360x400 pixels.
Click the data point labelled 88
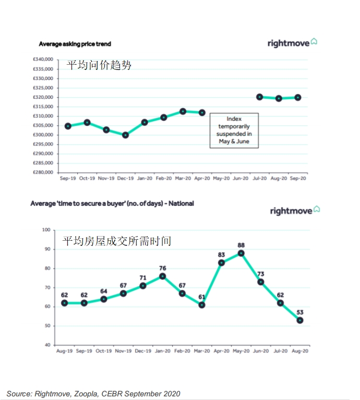point(241,253)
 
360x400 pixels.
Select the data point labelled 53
point(300,320)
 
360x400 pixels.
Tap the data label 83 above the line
point(221,255)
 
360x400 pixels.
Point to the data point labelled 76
point(163,276)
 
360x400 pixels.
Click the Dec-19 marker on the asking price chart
point(125,135)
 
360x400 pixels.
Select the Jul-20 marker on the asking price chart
point(259,97)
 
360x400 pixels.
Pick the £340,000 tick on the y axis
point(43,60)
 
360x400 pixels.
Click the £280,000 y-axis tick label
point(43,172)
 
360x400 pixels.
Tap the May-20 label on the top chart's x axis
point(221,179)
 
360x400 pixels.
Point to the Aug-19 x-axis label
point(64,351)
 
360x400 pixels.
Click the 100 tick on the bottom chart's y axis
point(46,230)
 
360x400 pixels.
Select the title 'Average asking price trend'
point(75,44)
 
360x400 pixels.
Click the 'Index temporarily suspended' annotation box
point(234,130)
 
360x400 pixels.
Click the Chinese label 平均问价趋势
point(99,65)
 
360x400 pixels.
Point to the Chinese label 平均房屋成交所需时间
point(117,241)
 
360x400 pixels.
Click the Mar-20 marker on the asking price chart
point(183,111)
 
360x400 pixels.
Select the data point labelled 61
point(202,305)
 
